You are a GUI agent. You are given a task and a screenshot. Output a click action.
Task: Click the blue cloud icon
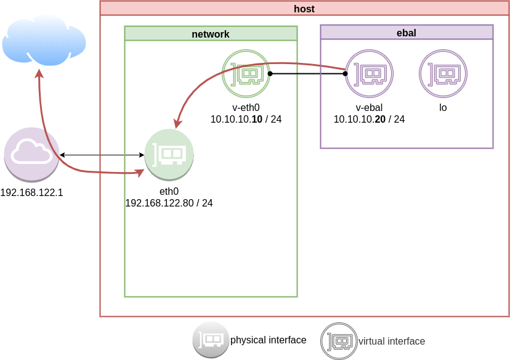[43, 41]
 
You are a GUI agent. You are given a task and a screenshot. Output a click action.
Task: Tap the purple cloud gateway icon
[32, 154]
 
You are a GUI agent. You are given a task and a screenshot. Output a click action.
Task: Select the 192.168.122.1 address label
[32, 193]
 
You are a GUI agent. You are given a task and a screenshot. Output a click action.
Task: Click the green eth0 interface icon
[169, 154]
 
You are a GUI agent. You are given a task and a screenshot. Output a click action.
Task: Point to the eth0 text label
[169, 192]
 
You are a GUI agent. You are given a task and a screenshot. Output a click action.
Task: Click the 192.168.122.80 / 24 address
[169, 203]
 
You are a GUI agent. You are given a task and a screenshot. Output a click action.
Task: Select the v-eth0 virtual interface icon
[246, 74]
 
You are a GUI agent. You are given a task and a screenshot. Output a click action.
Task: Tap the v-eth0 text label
[246, 108]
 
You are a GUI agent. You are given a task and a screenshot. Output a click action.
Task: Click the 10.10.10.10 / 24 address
[246, 119]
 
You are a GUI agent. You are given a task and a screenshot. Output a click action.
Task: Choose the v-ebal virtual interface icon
[369, 74]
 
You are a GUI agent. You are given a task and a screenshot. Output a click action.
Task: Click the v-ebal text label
[369, 108]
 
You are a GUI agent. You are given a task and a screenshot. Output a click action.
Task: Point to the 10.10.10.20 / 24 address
[369, 119]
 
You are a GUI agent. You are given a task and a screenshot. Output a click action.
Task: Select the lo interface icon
[443, 74]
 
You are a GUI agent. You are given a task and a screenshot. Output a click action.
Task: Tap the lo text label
[443, 108]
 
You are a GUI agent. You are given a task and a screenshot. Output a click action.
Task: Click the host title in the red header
[304, 9]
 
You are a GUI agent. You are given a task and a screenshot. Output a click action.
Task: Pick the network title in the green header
[211, 34]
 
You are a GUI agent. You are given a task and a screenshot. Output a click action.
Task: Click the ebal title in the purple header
[407, 33]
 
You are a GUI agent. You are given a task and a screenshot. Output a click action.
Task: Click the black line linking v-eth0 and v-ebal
[307, 74]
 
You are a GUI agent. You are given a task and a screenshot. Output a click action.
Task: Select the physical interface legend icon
[211, 340]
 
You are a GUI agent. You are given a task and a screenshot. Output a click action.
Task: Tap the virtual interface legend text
[392, 341]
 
